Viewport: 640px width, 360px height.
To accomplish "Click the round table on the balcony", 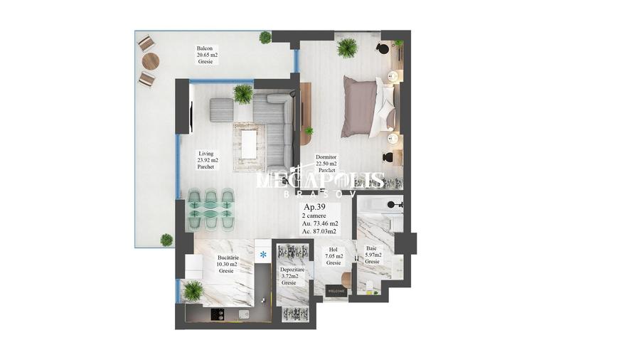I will (x=149, y=61).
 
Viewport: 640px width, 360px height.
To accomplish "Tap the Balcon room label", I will (x=206, y=55).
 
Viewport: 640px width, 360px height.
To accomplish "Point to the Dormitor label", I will (x=326, y=164).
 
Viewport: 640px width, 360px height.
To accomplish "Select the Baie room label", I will (x=373, y=255).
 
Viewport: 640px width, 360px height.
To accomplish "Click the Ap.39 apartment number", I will (x=315, y=207).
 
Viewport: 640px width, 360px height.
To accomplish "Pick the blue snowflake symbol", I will (x=262, y=254).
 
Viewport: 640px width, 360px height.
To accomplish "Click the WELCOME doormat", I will (x=336, y=290).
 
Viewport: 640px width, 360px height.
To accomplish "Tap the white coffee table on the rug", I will (x=249, y=144).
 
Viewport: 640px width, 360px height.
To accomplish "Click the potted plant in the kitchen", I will (x=193, y=290).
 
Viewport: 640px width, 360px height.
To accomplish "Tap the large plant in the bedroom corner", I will (x=347, y=48).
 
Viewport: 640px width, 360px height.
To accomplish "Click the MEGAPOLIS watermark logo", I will (x=320, y=181).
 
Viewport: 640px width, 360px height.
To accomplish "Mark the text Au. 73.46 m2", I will (x=320, y=223).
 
